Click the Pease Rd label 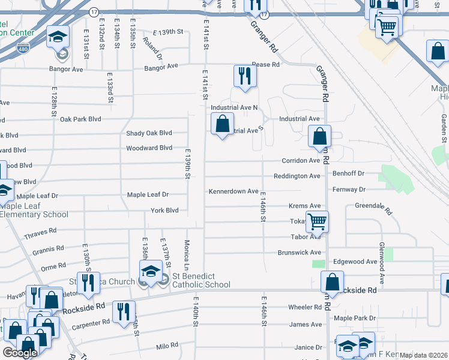click(x=266, y=64)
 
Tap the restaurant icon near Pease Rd click(x=244, y=76)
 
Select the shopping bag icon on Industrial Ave click(x=222, y=125)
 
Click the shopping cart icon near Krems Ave click(x=316, y=221)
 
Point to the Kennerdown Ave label click(x=234, y=191)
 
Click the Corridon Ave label click(x=302, y=160)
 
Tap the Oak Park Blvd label click(x=80, y=119)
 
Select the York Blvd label click(x=164, y=211)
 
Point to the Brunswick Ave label click(x=300, y=253)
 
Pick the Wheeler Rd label click(x=305, y=307)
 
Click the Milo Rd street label click(x=167, y=346)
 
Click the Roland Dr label click(x=153, y=49)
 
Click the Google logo click(x=19, y=353)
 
